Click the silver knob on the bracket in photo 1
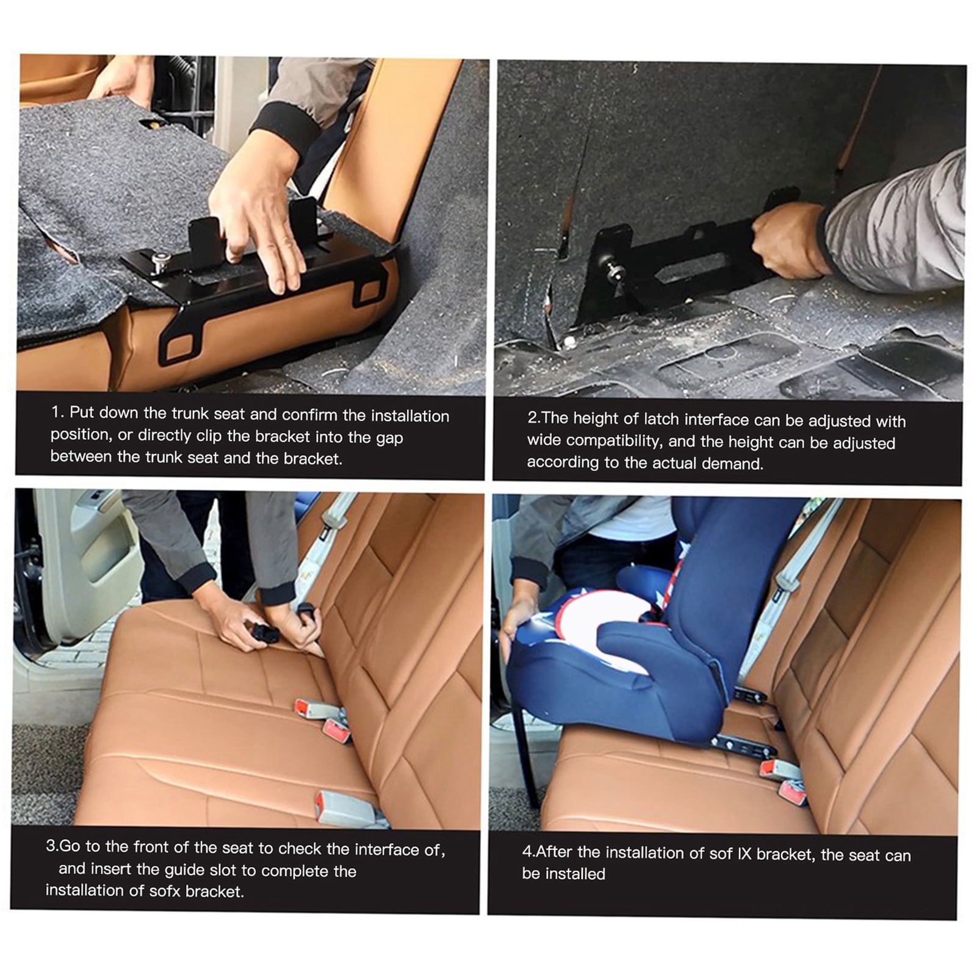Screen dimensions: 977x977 pyautogui.click(x=162, y=262)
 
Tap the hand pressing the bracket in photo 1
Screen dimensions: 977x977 pyautogui.click(x=259, y=214)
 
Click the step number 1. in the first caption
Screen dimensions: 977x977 pyautogui.click(x=57, y=413)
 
